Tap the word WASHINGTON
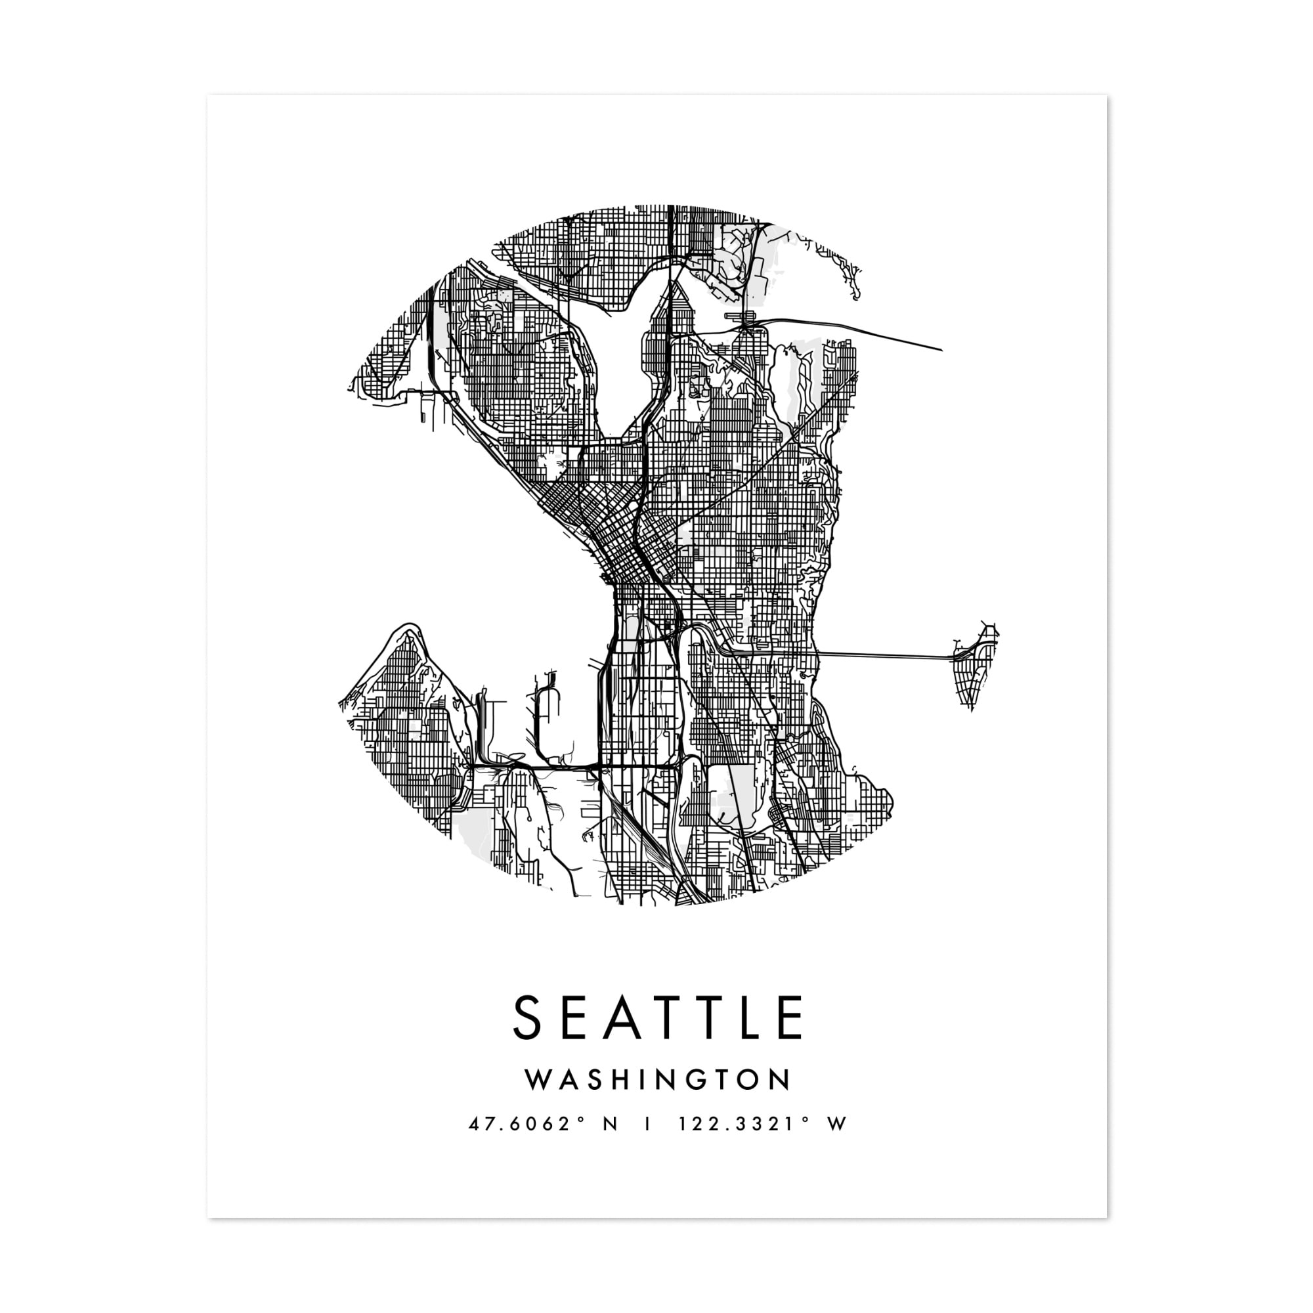pos(658,1099)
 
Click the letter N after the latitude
pos(610,1143)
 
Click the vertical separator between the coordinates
pos(647,1143)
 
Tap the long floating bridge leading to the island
pos(884,655)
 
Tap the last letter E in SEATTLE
pos(789,1037)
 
